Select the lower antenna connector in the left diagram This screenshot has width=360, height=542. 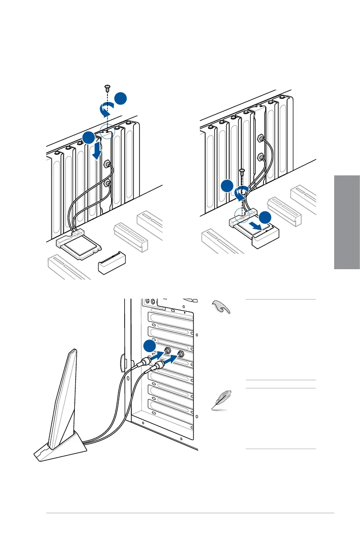coord(107,184)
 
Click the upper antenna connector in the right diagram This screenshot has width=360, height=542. coord(261,137)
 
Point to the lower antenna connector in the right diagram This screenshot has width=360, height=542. coord(260,158)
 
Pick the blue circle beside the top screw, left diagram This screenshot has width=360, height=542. coord(120,99)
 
